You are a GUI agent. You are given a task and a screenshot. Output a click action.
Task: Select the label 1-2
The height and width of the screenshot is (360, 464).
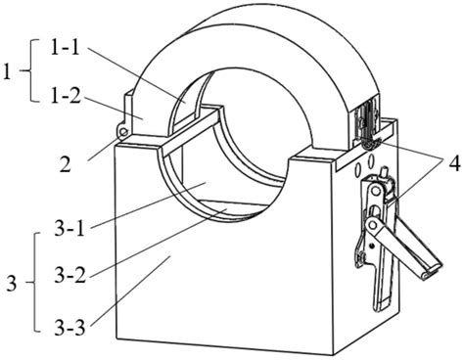click(x=66, y=96)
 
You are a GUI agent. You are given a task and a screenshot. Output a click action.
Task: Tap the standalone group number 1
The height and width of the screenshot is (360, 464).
click(x=7, y=71)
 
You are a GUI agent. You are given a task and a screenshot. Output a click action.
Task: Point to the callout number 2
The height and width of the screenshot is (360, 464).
click(x=66, y=164)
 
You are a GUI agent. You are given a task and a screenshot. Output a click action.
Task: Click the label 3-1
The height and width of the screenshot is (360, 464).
click(x=70, y=228)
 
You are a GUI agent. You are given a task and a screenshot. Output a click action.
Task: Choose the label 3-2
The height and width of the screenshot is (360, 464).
click(x=70, y=275)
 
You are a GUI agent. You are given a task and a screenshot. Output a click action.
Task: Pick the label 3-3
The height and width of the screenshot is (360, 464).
click(x=70, y=327)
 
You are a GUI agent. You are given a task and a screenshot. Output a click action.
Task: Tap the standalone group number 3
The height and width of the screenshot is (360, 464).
click(x=12, y=283)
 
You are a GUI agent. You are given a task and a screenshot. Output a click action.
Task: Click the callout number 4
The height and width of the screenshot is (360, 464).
click(x=454, y=163)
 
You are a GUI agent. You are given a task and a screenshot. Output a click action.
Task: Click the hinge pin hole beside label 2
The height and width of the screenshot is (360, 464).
click(x=123, y=132)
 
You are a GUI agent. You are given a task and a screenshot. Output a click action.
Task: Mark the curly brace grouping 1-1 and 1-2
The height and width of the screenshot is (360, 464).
click(x=31, y=70)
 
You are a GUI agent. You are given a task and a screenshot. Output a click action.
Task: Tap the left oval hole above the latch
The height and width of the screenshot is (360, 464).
click(x=357, y=169)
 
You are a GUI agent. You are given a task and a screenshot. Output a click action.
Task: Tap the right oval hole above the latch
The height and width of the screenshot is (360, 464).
click(x=371, y=160)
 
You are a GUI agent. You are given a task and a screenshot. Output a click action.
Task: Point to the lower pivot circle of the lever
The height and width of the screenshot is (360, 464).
click(x=372, y=224)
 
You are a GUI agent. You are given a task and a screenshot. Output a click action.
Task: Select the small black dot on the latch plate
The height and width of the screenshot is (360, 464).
click(x=371, y=245)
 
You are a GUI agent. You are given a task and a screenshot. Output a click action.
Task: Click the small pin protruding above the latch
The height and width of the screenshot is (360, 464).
click(x=385, y=170)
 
